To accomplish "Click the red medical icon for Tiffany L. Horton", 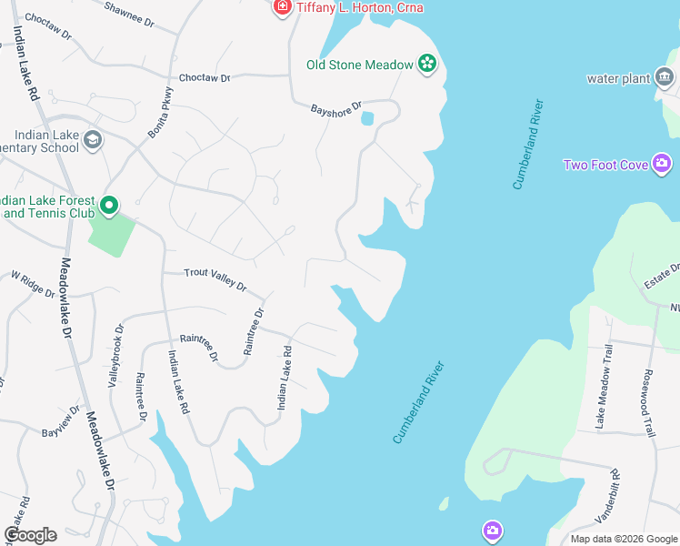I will (282, 7).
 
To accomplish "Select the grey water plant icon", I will (665, 78).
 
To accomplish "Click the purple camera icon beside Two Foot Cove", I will (662, 165).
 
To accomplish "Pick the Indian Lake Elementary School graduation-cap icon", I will (92, 140).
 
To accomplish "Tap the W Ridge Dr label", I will (34, 283).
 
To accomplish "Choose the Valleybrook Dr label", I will (115, 356).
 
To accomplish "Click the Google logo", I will (30, 535).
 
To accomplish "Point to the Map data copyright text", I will (623, 539).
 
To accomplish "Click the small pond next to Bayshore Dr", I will (367, 118).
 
